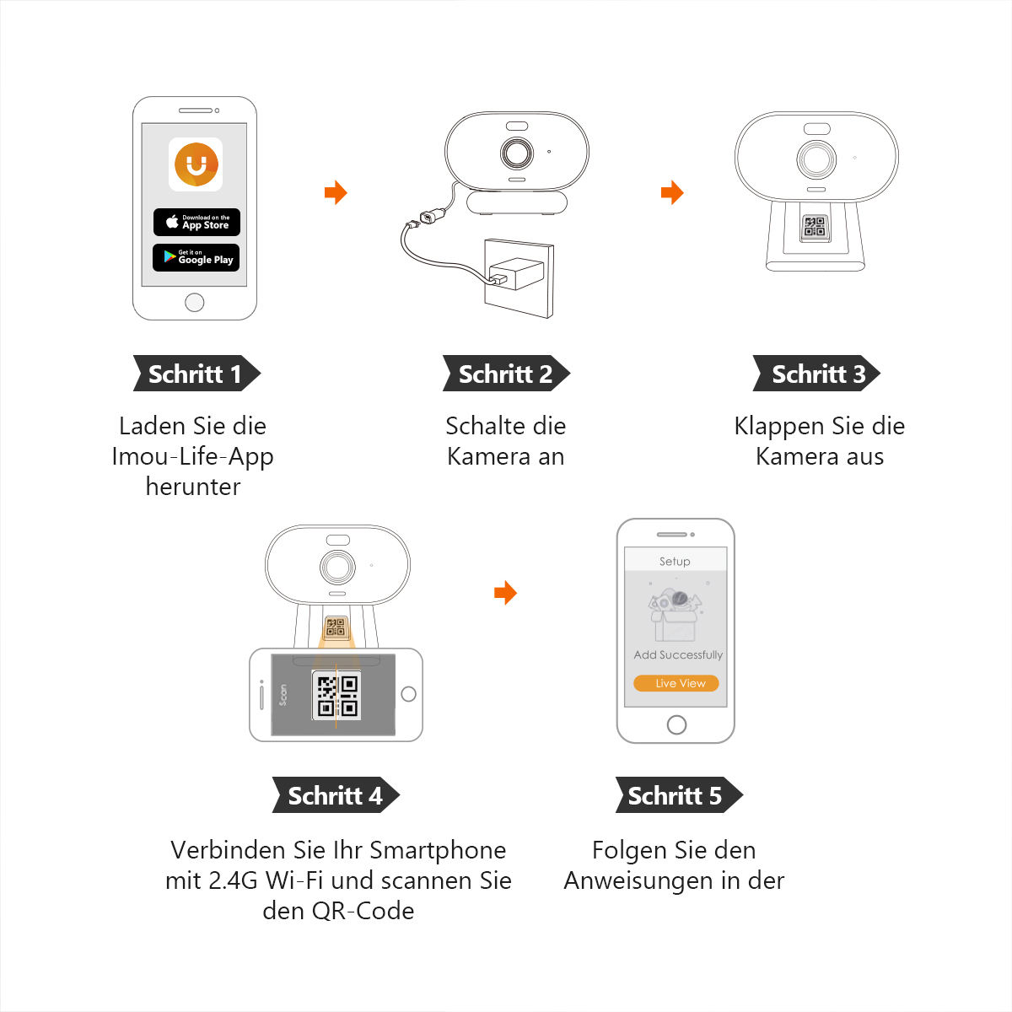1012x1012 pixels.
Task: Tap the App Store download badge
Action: pos(196,222)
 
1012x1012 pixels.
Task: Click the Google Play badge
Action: pos(196,257)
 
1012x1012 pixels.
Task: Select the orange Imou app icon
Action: pos(196,164)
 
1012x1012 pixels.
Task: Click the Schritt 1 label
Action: pos(196,374)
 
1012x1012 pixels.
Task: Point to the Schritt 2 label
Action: pos(506,374)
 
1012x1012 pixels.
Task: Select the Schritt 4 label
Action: pos(335,795)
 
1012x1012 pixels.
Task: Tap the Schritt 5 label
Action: pos(677,795)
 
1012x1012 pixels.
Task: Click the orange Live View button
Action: pos(676,683)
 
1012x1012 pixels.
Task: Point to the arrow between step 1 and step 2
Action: pos(336,192)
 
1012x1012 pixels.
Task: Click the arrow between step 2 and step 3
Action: pos(672,192)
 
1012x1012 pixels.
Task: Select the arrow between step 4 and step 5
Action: pos(505,593)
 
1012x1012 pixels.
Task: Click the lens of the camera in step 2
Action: pos(516,153)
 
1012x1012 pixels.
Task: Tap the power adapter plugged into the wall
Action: pos(516,273)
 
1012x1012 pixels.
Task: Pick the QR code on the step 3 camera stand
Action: pos(815,226)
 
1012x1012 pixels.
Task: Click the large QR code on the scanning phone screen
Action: pos(337,696)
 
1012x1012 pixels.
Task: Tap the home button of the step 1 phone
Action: pos(195,302)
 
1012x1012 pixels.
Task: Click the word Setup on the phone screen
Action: pos(675,562)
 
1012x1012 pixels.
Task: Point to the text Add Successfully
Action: pos(678,654)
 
